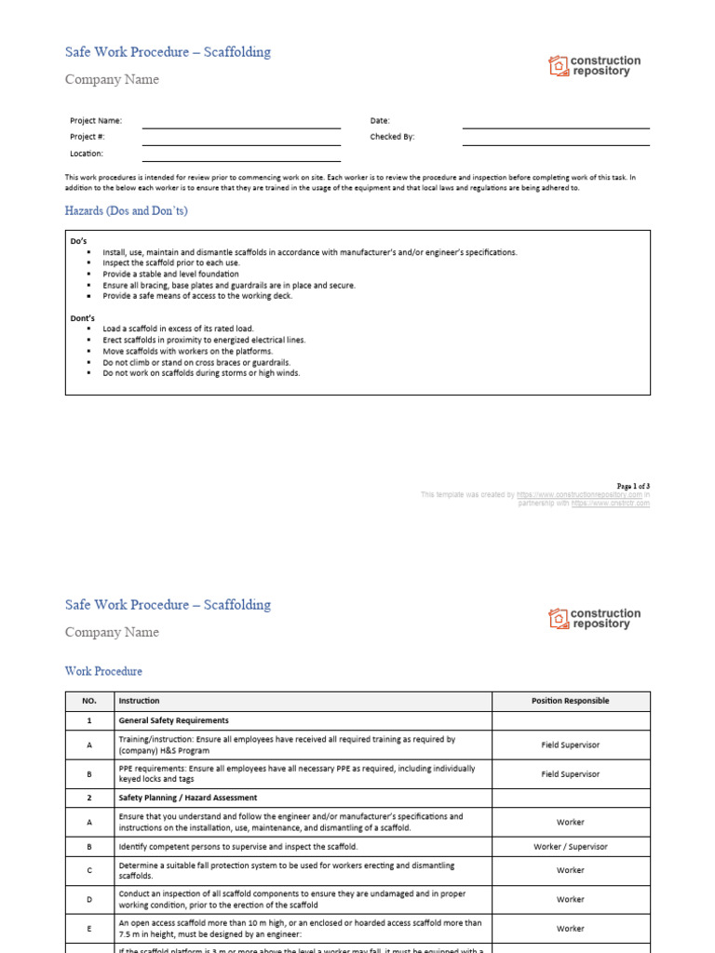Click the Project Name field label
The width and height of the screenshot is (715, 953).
[x=96, y=121]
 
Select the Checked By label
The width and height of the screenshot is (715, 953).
[x=392, y=137]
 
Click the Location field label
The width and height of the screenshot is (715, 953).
[x=87, y=154]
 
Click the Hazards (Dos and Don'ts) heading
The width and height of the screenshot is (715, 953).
[x=126, y=211]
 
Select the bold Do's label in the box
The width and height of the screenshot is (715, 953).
[x=79, y=241]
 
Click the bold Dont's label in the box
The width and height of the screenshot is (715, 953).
[x=83, y=317]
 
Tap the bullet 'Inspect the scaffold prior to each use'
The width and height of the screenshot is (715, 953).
[x=171, y=263]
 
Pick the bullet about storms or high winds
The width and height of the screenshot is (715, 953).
[x=201, y=373]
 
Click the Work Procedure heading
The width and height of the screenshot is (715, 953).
[x=103, y=671]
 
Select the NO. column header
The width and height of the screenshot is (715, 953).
[x=89, y=701]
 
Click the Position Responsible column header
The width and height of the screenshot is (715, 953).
[x=570, y=701]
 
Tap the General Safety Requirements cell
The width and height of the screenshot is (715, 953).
[x=173, y=720]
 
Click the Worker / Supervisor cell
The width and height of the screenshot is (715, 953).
[x=570, y=847]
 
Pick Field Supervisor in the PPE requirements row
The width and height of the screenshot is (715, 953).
[x=570, y=773]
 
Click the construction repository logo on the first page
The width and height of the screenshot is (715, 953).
[x=595, y=66]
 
